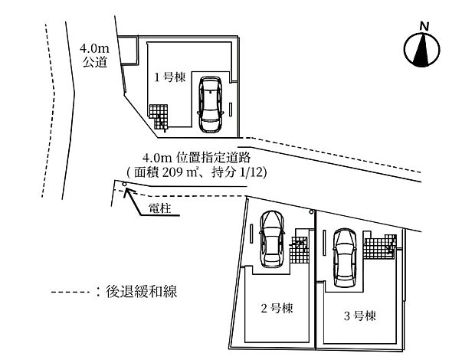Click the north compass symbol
tap(422, 51)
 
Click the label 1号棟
tap(167, 77)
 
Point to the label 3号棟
tap(359, 315)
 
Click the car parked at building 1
tap(210, 105)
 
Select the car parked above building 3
tap(346, 256)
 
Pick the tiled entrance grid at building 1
tap(158, 116)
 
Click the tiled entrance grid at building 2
tap(299, 248)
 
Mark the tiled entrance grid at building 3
tap(378, 247)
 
